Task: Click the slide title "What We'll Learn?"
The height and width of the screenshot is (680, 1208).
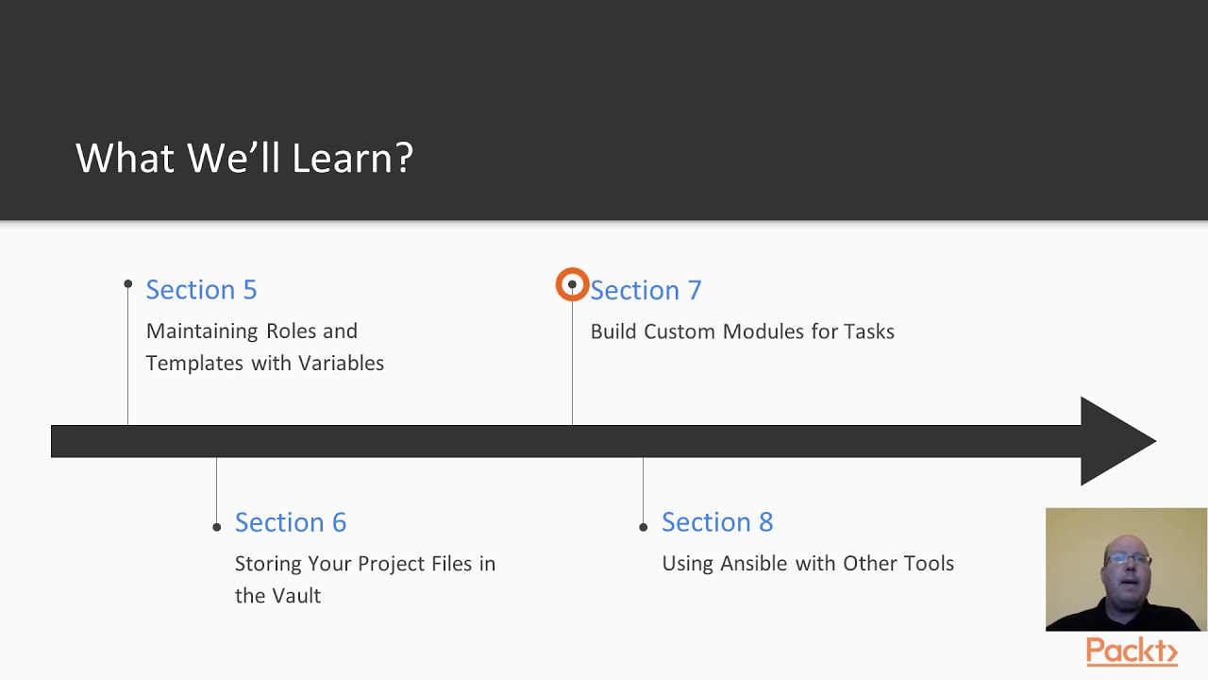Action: point(244,158)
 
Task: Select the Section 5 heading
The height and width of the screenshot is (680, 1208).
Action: point(201,290)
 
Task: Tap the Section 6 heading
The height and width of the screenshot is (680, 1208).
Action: point(290,522)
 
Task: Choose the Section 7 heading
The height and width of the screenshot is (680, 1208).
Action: point(646,290)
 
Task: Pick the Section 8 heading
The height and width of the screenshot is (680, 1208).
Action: point(716,522)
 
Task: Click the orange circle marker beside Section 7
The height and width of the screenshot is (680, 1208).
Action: point(572,285)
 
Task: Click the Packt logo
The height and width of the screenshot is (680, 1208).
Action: point(1132,652)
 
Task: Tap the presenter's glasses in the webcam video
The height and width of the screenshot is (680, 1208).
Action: point(1129,559)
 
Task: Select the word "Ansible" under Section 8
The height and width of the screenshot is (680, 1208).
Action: point(755,564)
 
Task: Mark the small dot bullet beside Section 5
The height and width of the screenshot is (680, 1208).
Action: point(128,284)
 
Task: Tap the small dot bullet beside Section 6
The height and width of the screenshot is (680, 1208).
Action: point(217,527)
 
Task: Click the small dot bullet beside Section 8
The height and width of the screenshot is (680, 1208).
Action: point(644,527)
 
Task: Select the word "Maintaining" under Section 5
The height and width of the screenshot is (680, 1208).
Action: point(203,331)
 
